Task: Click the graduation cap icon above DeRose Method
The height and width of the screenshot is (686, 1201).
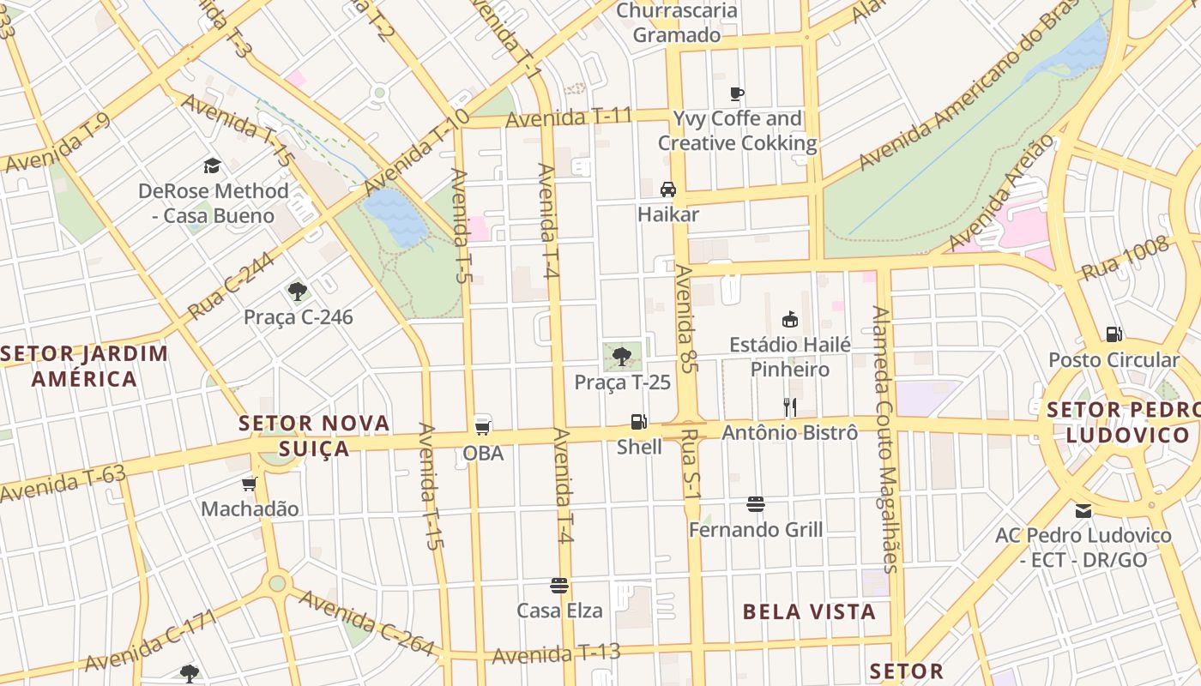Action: coord(212,165)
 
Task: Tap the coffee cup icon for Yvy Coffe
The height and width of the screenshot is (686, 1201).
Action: coord(736,93)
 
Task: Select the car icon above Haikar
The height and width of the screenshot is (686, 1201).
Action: coord(668,190)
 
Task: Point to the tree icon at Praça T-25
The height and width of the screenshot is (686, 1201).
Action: coord(622,356)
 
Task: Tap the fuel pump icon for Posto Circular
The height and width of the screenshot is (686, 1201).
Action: coord(1113,334)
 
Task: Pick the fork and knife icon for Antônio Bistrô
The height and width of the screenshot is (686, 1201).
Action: coord(789,407)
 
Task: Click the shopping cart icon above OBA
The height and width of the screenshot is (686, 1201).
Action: coord(482,427)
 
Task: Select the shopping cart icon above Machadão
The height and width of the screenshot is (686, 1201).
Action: coord(250,484)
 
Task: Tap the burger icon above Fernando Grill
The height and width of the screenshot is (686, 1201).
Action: coord(755,504)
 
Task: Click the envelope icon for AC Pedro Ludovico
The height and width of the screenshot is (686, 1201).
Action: coord(1083,510)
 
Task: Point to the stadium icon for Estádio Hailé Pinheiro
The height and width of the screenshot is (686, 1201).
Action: coord(790,320)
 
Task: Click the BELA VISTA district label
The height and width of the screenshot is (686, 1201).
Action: coord(809,611)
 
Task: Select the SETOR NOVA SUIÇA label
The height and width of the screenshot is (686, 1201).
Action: coord(315,436)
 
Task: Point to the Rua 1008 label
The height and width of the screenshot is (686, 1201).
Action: coord(1125,258)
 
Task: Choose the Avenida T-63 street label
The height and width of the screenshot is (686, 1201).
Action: coord(63,484)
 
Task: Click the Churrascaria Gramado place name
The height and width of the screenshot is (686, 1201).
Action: coord(677,23)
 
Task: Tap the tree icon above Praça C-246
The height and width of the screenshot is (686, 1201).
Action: coord(298,291)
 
